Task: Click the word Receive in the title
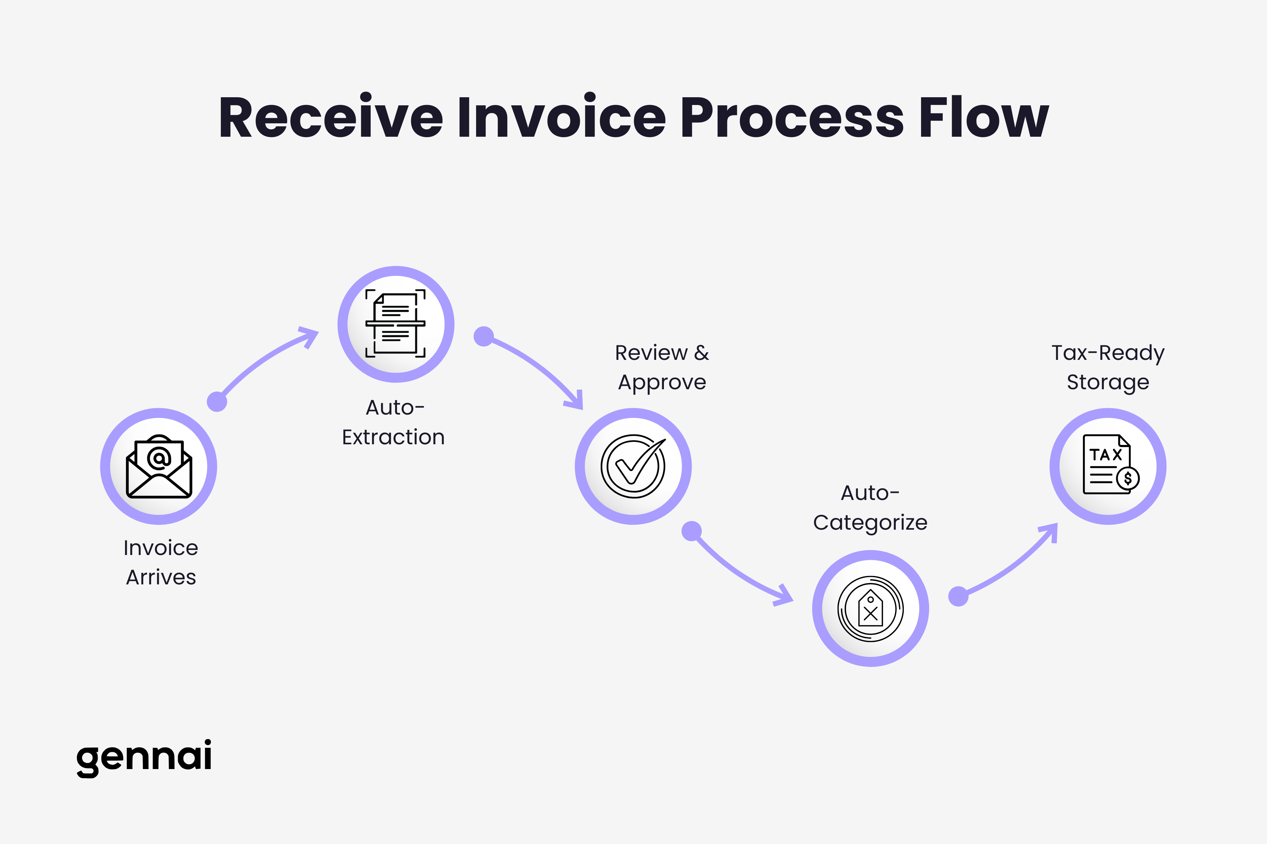pos(330,117)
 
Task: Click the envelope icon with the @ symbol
pos(158,467)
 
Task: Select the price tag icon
pos(871,609)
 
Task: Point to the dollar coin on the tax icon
pos(1127,478)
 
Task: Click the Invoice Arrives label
pos(160,562)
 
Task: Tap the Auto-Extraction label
pos(394,423)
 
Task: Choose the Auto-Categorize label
pos(870,508)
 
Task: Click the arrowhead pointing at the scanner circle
pos(310,336)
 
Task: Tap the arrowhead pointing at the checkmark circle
pos(575,401)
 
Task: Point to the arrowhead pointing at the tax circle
pos(1050,533)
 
